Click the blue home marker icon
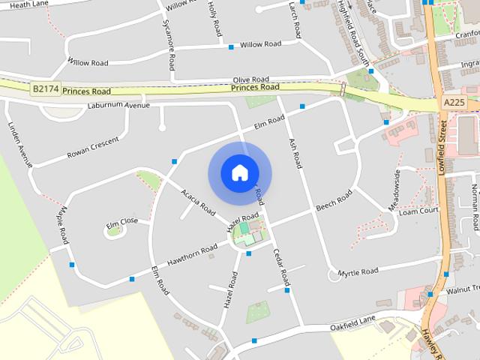point(239,173)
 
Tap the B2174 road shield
point(44,89)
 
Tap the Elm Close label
point(121,222)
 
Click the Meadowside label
point(396,190)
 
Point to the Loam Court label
point(418,211)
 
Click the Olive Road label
point(250,79)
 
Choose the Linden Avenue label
point(19,143)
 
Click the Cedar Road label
point(280,268)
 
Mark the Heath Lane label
point(28,4)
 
